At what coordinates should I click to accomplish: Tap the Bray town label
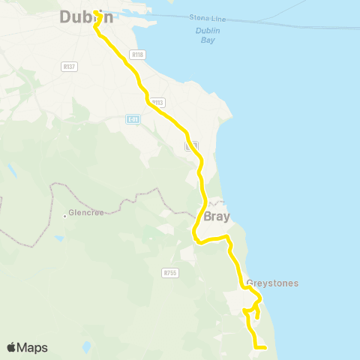[x=216, y=216]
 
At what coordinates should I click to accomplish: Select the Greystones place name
[x=272, y=283]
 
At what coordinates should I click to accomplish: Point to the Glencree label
[x=85, y=213]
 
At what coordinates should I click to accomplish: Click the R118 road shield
[x=136, y=55]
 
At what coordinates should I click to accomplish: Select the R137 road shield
[x=70, y=67]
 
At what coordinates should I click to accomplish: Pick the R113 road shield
[x=157, y=103]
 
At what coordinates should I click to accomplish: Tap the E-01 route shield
[x=133, y=119]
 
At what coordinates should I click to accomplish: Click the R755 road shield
[x=169, y=273]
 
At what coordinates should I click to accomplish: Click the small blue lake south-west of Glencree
[x=58, y=238]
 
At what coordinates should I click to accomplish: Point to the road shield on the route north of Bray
[x=191, y=145]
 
